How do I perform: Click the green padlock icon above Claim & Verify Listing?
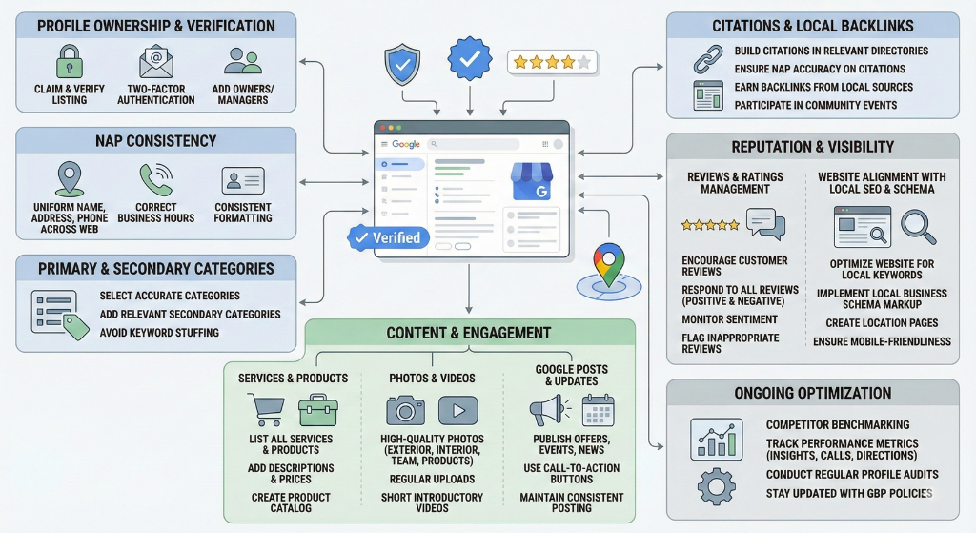70,62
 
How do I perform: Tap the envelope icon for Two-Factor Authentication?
155,62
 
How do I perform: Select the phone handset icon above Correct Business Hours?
154,179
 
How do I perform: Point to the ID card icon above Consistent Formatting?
242,180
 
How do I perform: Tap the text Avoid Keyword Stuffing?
159,333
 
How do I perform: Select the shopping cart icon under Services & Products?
265,410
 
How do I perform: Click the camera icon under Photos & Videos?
405,410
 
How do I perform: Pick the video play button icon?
457,410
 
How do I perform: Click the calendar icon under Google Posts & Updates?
598,410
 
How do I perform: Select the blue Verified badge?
387,237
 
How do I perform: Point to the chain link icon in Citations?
706,59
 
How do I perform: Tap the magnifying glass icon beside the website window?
918,227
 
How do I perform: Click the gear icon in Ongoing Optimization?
716,486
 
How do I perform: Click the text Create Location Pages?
882,323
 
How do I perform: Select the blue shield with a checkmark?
401,64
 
